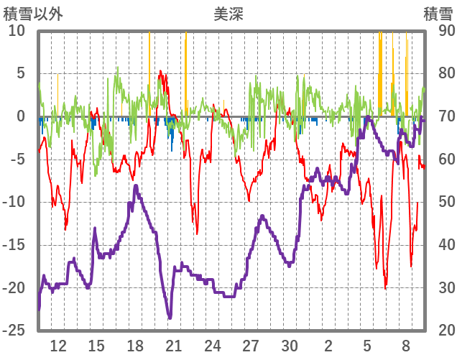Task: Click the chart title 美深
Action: [x=228, y=14]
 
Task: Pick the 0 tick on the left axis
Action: [x=21, y=116]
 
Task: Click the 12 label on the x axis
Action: [x=58, y=346]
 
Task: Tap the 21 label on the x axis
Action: [x=174, y=346]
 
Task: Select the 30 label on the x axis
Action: [x=290, y=346]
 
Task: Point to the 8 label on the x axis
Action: [x=406, y=346]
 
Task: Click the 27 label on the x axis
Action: [x=251, y=346]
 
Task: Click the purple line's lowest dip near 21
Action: [x=170, y=318]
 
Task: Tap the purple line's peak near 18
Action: [x=136, y=186]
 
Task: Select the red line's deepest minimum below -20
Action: [x=385, y=288]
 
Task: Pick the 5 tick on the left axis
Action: [x=21, y=73]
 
